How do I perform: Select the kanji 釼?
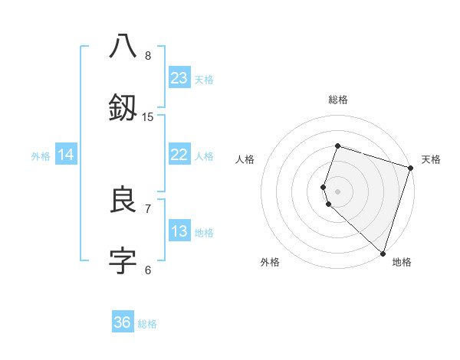[123, 107]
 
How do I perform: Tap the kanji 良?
[123, 201]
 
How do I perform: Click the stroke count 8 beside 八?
[148, 55]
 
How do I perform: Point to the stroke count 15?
[148, 116]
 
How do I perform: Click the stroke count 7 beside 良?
[148, 208]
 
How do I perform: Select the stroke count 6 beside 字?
[148, 270]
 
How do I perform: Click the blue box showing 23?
[179, 78]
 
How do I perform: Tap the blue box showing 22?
[179, 155]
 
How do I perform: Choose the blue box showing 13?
[179, 231]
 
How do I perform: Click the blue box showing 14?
[66, 155]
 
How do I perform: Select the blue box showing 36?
[123, 322]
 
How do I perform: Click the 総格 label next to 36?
[147, 324]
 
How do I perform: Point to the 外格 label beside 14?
[41, 156]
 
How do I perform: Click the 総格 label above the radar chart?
[337, 100]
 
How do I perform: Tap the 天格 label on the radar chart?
[431, 159]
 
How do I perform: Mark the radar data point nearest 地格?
[383, 253]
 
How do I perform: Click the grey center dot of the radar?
[337, 191]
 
